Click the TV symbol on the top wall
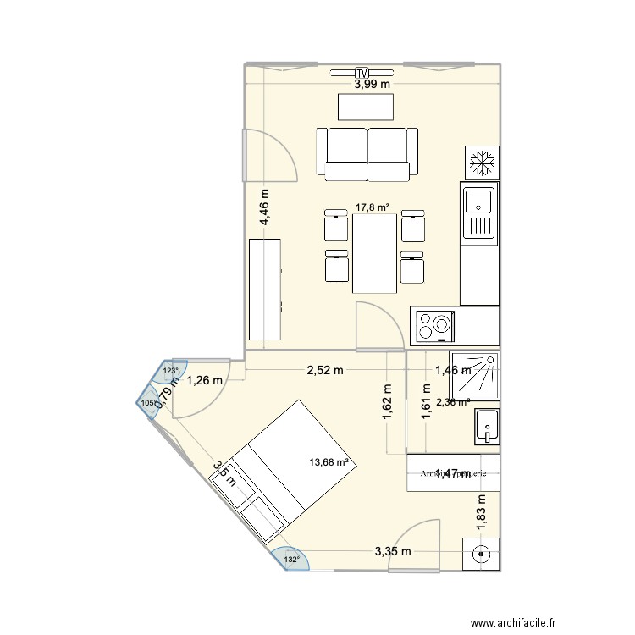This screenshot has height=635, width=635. pos(362,72)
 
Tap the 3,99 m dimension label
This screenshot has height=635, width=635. pos(373,84)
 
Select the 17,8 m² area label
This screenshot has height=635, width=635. pos(372,207)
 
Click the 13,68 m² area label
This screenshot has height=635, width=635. pos(330,462)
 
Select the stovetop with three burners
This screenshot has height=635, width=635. pos(439,324)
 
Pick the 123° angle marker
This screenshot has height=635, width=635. pos(170,371)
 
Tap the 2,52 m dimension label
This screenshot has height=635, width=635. pos(326,370)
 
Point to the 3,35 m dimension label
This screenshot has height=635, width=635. pos(395,552)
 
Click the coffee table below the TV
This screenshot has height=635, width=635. pos(366,107)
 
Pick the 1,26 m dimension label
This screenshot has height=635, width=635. pos(205,380)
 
